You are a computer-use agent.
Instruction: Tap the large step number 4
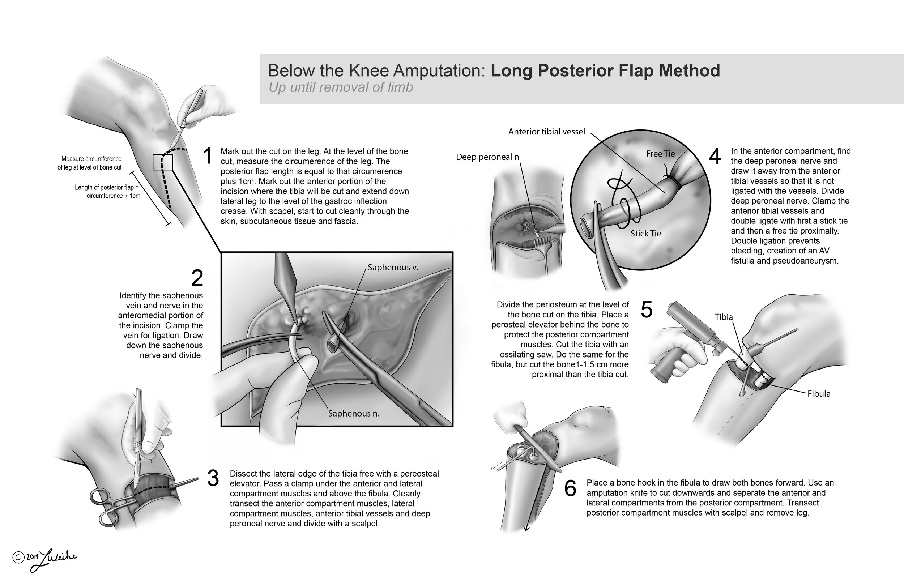(715, 156)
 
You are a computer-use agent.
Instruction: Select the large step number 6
(570, 488)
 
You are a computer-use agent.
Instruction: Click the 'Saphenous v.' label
(393, 267)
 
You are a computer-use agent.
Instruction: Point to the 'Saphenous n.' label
(354, 413)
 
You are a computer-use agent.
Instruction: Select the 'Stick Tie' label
(645, 233)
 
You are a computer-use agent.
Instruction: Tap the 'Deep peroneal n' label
(487, 157)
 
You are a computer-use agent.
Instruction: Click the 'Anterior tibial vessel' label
(547, 132)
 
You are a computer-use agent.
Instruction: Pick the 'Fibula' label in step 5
(819, 393)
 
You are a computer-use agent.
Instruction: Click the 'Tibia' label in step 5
(724, 317)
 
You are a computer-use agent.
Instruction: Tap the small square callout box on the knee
(163, 162)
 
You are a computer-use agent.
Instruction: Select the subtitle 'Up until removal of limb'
(340, 87)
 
